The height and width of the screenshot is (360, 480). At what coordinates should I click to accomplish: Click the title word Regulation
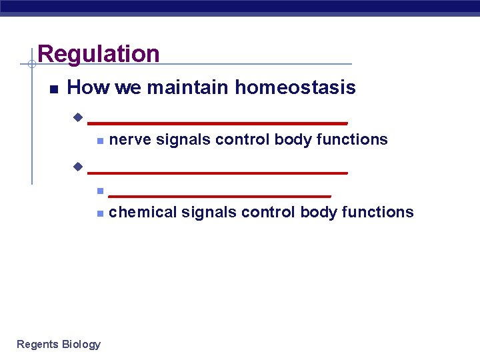(99, 54)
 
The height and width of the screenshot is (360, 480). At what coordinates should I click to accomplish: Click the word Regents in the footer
(37, 344)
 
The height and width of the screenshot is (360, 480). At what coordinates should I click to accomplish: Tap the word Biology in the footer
(81, 344)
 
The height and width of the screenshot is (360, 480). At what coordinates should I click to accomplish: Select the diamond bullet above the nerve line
(78, 118)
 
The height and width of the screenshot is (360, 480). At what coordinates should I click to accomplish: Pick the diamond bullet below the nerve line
(78, 166)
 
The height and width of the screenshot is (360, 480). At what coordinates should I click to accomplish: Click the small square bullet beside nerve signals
(99, 141)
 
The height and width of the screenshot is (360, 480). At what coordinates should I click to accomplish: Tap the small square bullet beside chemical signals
(99, 213)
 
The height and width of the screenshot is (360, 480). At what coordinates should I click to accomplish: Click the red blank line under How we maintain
(217, 123)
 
